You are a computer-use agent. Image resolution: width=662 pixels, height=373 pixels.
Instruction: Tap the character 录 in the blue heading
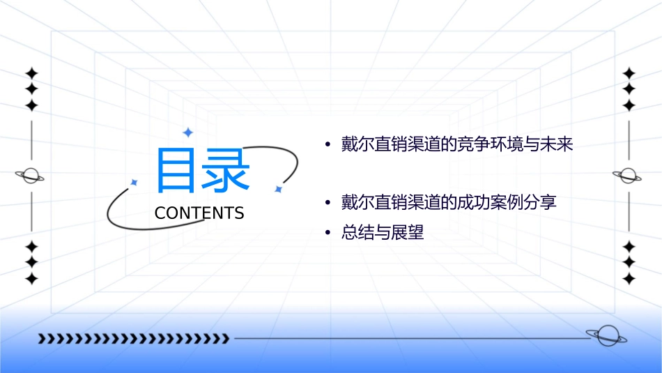coord(225,170)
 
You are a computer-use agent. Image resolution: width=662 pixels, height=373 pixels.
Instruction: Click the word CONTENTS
coord(199,213)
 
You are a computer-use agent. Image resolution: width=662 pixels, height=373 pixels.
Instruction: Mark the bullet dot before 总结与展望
coord(328,234)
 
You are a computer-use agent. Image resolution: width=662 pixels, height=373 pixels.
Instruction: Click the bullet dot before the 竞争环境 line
coord(328,146)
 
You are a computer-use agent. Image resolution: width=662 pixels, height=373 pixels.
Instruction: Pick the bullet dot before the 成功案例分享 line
coord(328,204)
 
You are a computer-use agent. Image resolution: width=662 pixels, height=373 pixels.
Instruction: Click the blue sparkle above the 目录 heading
coord(187,132)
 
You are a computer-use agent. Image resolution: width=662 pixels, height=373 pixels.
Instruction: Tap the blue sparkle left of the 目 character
coord(134,182)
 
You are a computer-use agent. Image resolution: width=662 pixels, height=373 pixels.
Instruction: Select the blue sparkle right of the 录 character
coord(278,189)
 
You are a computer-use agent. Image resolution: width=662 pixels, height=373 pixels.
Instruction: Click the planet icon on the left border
coord(30,176)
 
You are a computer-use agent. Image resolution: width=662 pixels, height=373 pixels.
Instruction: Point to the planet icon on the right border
coord(628,176)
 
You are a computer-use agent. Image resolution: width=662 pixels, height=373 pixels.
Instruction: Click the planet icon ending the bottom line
coord(606,336)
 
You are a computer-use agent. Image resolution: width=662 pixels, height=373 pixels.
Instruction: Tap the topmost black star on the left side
coord(31,73)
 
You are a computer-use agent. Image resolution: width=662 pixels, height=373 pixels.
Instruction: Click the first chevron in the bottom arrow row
coord(42,339)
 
